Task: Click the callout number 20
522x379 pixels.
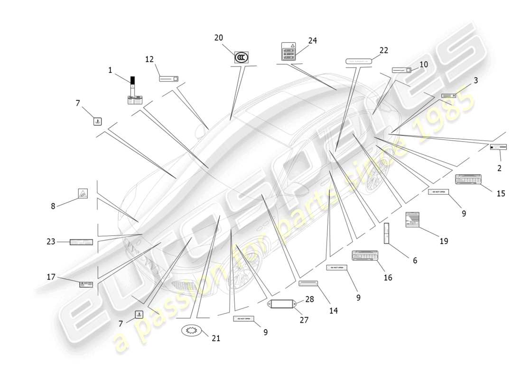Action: pos(218,38)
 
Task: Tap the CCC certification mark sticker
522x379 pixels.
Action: pos(241,58)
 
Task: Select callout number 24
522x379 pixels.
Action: pos(312,41)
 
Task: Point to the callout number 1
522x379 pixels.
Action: pos(110,70)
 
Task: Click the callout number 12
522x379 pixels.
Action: pos(149,59)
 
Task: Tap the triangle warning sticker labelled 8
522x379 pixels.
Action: pos(83,193)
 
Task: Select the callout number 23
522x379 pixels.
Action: pos(51,242)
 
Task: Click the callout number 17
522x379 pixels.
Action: pos(51,277)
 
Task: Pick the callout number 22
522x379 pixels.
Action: pos(383,50)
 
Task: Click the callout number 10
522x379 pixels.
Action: pos(423,64)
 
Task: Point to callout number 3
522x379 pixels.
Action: pos(475,81)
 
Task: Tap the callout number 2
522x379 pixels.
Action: pos(499,168)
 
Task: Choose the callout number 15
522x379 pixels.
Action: pos(501,193)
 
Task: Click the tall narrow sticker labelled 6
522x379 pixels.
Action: pos(386,233)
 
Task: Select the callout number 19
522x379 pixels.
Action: pos(443,241)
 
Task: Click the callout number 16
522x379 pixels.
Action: pos(388,278)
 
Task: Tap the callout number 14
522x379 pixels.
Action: pos(334,311)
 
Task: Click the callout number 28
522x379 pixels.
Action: pos(310,299)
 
